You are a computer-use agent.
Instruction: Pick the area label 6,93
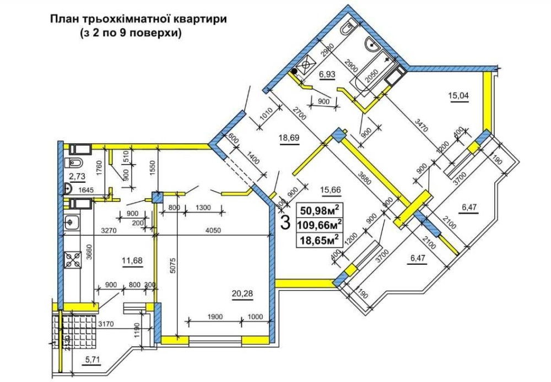[x=327, y=74]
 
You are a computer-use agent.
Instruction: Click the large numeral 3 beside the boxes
[x=285, y=222]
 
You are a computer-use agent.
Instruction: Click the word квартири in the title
[x=199, y=19]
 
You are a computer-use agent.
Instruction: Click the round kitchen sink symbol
[x=71, y=223]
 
